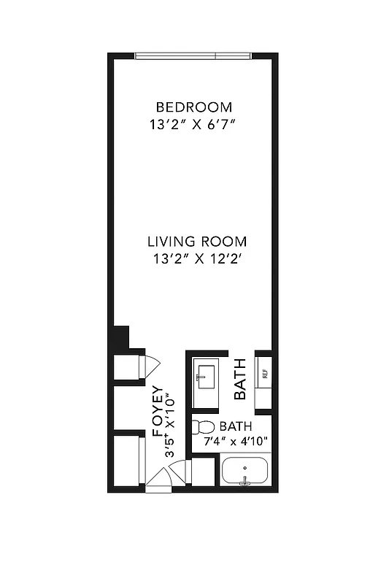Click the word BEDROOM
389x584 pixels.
(x=193, y=107)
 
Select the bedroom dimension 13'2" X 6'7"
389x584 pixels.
(x=193, y=124)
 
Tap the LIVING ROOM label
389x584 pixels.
(x=197, y=242)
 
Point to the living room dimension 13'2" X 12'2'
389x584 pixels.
(x=197, y=258)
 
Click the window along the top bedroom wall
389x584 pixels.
(x=193, y=55)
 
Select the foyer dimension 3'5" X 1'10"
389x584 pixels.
(x=171, y=426)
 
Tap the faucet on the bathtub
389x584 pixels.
(x=246, y=480)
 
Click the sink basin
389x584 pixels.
(x=205, y=376)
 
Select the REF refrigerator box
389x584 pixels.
(x=264, y=374)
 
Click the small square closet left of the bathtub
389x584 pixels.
(x=203, y=471)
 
